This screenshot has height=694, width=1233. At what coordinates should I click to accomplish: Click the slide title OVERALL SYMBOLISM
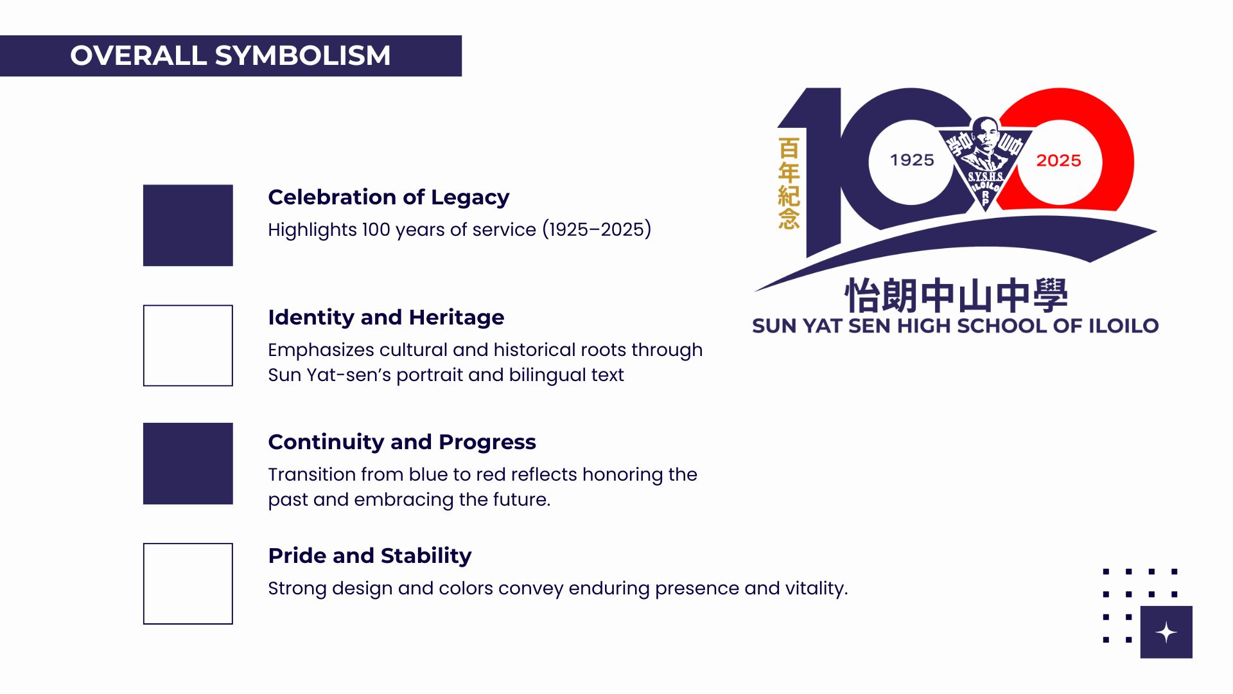(x=231, y=55)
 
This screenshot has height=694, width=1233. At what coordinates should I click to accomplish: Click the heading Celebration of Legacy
(x=389, y=197)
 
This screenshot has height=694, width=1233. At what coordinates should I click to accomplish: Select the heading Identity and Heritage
(x=386, y=317)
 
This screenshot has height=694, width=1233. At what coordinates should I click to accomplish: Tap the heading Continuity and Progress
(x=402, y=442)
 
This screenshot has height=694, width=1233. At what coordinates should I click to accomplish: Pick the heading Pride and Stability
(x=370, y=556)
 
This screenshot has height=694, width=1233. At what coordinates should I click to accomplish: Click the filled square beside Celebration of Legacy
(x=188, y=226)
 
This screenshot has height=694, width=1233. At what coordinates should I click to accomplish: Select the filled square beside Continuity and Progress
(x=188, y=463)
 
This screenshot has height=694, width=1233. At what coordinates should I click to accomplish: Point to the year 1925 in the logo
(x=912, y=160)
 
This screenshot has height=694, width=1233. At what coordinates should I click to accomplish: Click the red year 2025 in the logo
(x=1058, y=161)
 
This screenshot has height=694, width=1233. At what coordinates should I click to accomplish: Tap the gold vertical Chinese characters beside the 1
(x=789, y=183)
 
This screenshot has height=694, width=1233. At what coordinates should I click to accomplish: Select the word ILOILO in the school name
(x=1123, y=326)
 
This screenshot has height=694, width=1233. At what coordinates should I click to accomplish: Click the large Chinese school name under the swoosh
(x=956, y=296)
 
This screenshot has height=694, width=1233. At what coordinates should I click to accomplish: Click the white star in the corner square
(x=1166, y=632)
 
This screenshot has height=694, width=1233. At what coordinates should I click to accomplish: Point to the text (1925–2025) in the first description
(x=597, y=229)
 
